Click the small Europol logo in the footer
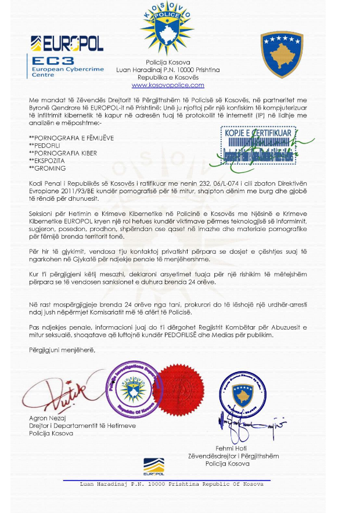coord(154,465)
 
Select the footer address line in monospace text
coord(171,484)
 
